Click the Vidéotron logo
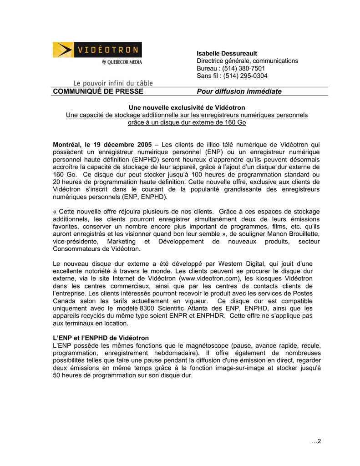click(97, 50)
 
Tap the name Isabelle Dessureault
click(227, 54)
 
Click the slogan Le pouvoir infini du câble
click(113, 83)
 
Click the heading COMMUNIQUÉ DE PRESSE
click(98, 91)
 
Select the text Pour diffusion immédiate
click(239, 91)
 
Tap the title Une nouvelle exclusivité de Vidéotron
click(187, 107)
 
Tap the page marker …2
click(316, 441)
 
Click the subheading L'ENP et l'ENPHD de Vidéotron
click(101, 338)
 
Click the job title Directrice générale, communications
click(247, 61)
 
